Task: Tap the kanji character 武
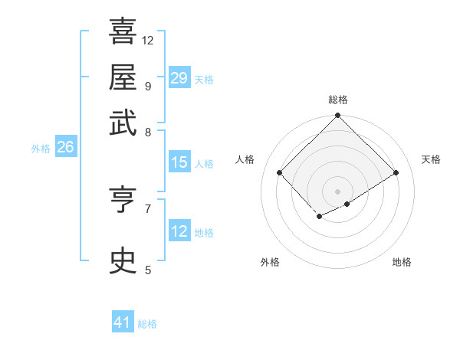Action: point(123,123)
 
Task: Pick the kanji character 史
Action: point(123,261)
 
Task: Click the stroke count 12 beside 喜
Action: point(148,40)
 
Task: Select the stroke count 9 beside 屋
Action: point(147,86)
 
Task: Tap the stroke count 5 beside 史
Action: point(148,270)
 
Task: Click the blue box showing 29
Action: point(179,77)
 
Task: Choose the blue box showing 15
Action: point(179,162)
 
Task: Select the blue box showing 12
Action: point(179,231)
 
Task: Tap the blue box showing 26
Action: point(65,147)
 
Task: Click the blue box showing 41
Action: point(123,322)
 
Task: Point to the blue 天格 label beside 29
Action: point(204,80)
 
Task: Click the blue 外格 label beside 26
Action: point(41,149)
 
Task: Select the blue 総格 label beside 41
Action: point(147,325)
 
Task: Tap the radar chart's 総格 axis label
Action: point(338,100)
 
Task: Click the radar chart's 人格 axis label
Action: point(245,159)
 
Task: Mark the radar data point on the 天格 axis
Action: point(396,173)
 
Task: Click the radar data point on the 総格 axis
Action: point(337,116)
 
